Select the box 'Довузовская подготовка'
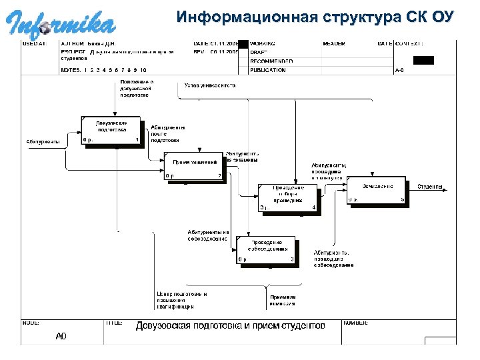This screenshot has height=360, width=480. click(x=111, y=131)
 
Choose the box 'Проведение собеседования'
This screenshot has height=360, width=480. click(x=266, y=249)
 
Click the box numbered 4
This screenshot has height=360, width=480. click(x=288, y=198)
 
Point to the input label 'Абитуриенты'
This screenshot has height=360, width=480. click(x=43, y=141)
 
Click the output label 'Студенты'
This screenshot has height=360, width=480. click(x=431, y=187)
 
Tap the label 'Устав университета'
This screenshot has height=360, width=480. click(x=210, y=85)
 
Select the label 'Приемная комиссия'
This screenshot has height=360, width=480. click(x=282, y=300)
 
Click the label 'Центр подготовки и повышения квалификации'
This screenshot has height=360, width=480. click(x=181, y=300)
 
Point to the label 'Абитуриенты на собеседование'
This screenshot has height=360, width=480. click(x=208, y=235)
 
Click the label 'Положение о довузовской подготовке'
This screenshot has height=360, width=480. click(x=137, y=89)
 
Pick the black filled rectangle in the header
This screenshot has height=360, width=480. click(x=423, y=60)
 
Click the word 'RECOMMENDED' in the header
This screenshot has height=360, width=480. click(x=272, y=61)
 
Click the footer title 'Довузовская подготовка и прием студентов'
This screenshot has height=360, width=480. click(x=231, y=326)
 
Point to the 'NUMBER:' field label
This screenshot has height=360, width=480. click(x=355, y=323)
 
